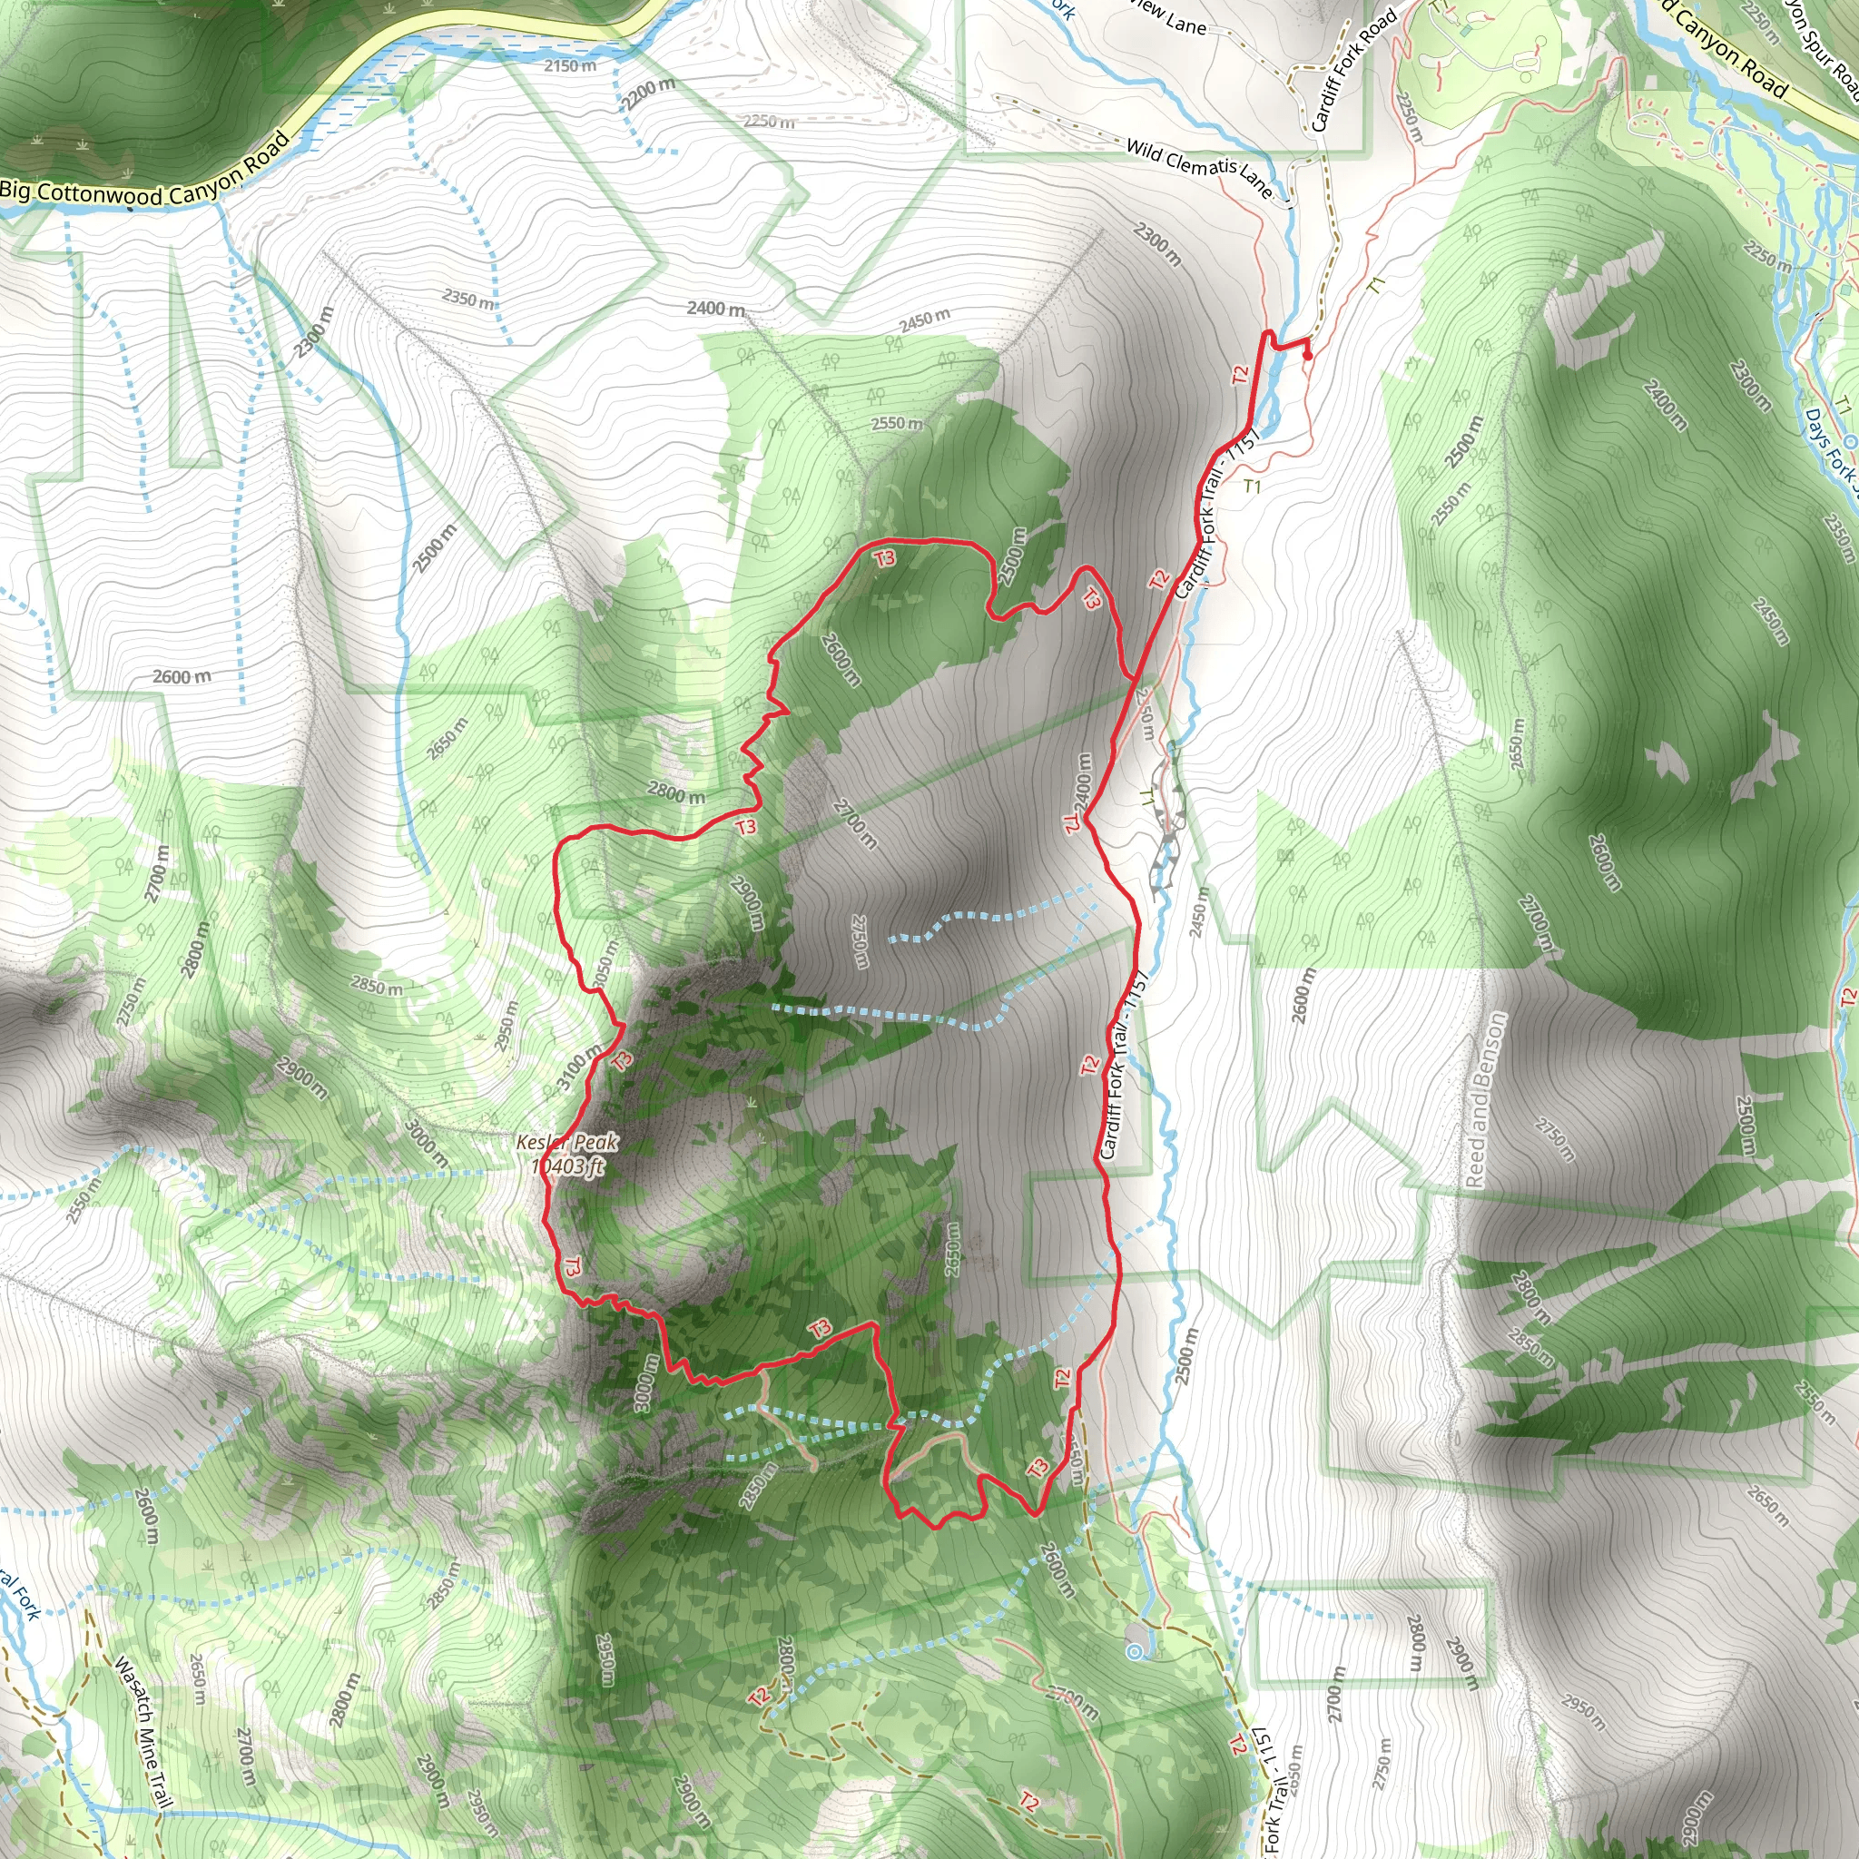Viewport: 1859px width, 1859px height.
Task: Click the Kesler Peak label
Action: (566, 1142)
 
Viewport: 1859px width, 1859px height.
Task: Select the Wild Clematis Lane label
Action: (1199, 166)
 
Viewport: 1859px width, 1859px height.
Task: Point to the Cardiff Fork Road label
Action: (1352, 70)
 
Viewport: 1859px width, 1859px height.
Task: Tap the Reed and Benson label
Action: (1484, 1099)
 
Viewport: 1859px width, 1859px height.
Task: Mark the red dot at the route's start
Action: (1307, 355)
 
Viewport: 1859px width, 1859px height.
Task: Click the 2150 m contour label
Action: (570, 65)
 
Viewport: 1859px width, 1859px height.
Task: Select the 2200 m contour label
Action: (646, 93)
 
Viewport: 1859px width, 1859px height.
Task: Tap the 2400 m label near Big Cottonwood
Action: (715, 308)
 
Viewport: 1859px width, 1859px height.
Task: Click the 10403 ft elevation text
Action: (567, 1167)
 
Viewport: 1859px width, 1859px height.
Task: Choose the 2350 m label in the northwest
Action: (468, 299)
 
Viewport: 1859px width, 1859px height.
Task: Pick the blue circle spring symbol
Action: (1136, 1652)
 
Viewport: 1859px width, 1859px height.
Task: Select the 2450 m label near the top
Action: (924, 320)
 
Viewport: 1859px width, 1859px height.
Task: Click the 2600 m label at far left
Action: (182, 676)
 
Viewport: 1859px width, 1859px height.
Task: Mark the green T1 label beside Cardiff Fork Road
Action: (1376, 284)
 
